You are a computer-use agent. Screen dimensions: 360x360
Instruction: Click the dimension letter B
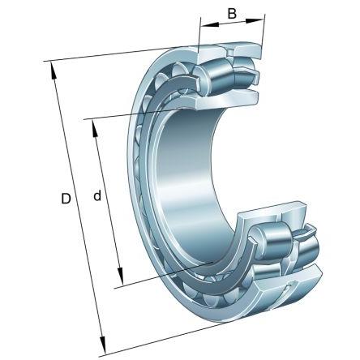(232, 13)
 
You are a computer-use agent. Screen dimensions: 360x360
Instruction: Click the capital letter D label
(66, 199)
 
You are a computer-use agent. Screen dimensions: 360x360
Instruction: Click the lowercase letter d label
(97, 195)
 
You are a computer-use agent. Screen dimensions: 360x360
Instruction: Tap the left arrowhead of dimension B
(210, 25)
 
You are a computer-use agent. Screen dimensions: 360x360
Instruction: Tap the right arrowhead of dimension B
(255, 20)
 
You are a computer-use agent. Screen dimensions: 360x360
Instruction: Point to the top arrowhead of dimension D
(53, 71)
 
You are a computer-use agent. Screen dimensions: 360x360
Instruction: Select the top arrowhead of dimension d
(95, 129)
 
